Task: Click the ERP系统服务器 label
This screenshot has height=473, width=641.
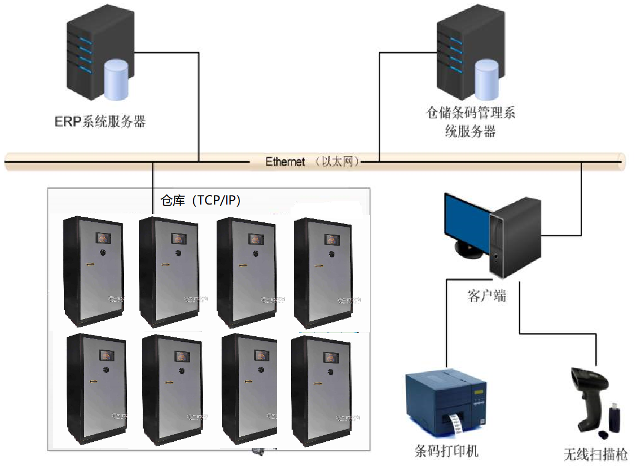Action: (100, 122)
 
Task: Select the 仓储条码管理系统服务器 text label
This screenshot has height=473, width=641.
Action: (470, 122)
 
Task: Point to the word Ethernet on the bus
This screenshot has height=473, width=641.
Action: (285, 162)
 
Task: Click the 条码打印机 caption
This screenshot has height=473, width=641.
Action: (447, 451)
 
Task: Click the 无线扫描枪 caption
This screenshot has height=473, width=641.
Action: (595, 455)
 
